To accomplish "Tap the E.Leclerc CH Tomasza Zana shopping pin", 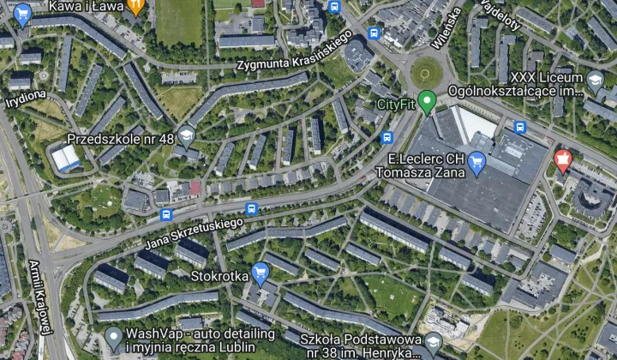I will coord(478,161).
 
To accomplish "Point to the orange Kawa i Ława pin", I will coord(135,8).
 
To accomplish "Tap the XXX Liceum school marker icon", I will coord(595,81).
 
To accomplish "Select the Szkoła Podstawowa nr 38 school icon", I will coord(433,344).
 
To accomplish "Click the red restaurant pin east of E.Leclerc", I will coord(563,159).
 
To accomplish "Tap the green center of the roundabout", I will coord(426,73).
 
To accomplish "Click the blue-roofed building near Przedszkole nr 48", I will coord(65,159).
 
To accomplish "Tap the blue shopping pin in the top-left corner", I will coord(22,14).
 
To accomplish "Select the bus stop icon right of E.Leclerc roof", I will coord(519,127).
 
